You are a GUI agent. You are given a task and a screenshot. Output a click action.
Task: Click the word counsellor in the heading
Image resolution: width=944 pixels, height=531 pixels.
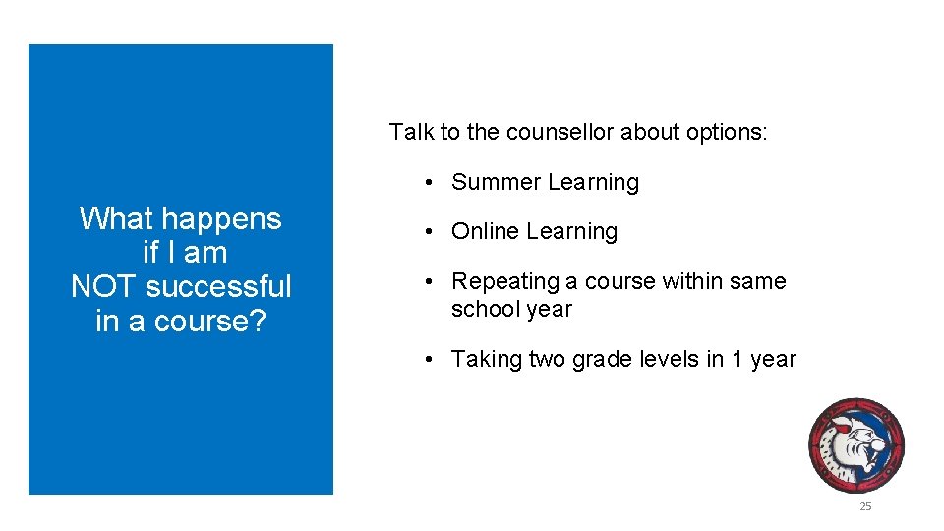(x=560, y=132)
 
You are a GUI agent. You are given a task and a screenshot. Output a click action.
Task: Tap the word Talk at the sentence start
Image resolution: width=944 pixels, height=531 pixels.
(x=409, y=132)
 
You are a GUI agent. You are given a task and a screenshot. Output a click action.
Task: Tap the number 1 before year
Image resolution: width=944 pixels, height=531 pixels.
(x=737, y=360)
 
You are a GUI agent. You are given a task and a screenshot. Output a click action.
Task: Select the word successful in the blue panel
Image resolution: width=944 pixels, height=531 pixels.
(x=218, y=287)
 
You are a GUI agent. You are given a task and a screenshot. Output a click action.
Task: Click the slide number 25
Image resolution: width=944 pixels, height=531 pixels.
(x=865, y=506)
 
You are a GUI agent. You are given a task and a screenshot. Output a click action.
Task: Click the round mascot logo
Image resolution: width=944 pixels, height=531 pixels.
(x=855, y=445)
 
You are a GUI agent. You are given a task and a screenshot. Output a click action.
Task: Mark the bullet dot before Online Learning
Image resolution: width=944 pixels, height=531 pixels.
(x=430, y=233)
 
